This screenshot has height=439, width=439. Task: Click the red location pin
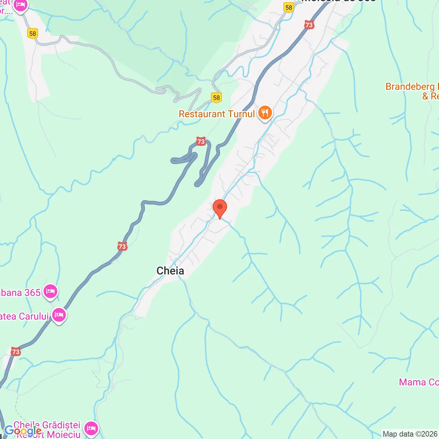coord(220,208)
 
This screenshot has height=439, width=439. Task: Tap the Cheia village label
coord(170,271)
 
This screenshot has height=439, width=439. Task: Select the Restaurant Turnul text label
coord(217,114)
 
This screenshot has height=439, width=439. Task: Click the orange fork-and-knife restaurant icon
coord(265,112)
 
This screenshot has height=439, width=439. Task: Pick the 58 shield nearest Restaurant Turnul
coord(216,98)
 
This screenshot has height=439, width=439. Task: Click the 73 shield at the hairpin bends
coord(201,141)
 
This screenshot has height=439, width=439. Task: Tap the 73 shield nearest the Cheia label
coord(122,246)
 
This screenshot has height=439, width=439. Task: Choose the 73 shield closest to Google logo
coord(15,352)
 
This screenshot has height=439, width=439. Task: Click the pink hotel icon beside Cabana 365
coord(50,292)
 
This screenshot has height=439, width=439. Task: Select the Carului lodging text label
coord(24,316)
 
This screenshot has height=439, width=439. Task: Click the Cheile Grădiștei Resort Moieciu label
coord(47,430)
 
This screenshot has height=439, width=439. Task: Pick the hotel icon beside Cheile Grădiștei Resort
coord(91,428)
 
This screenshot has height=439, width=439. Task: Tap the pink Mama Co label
coord(418,382)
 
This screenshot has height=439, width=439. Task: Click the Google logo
coord(23,431)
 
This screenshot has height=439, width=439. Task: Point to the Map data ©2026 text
coord(410,434)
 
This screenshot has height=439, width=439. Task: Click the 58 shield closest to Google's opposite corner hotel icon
coord(33,34)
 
